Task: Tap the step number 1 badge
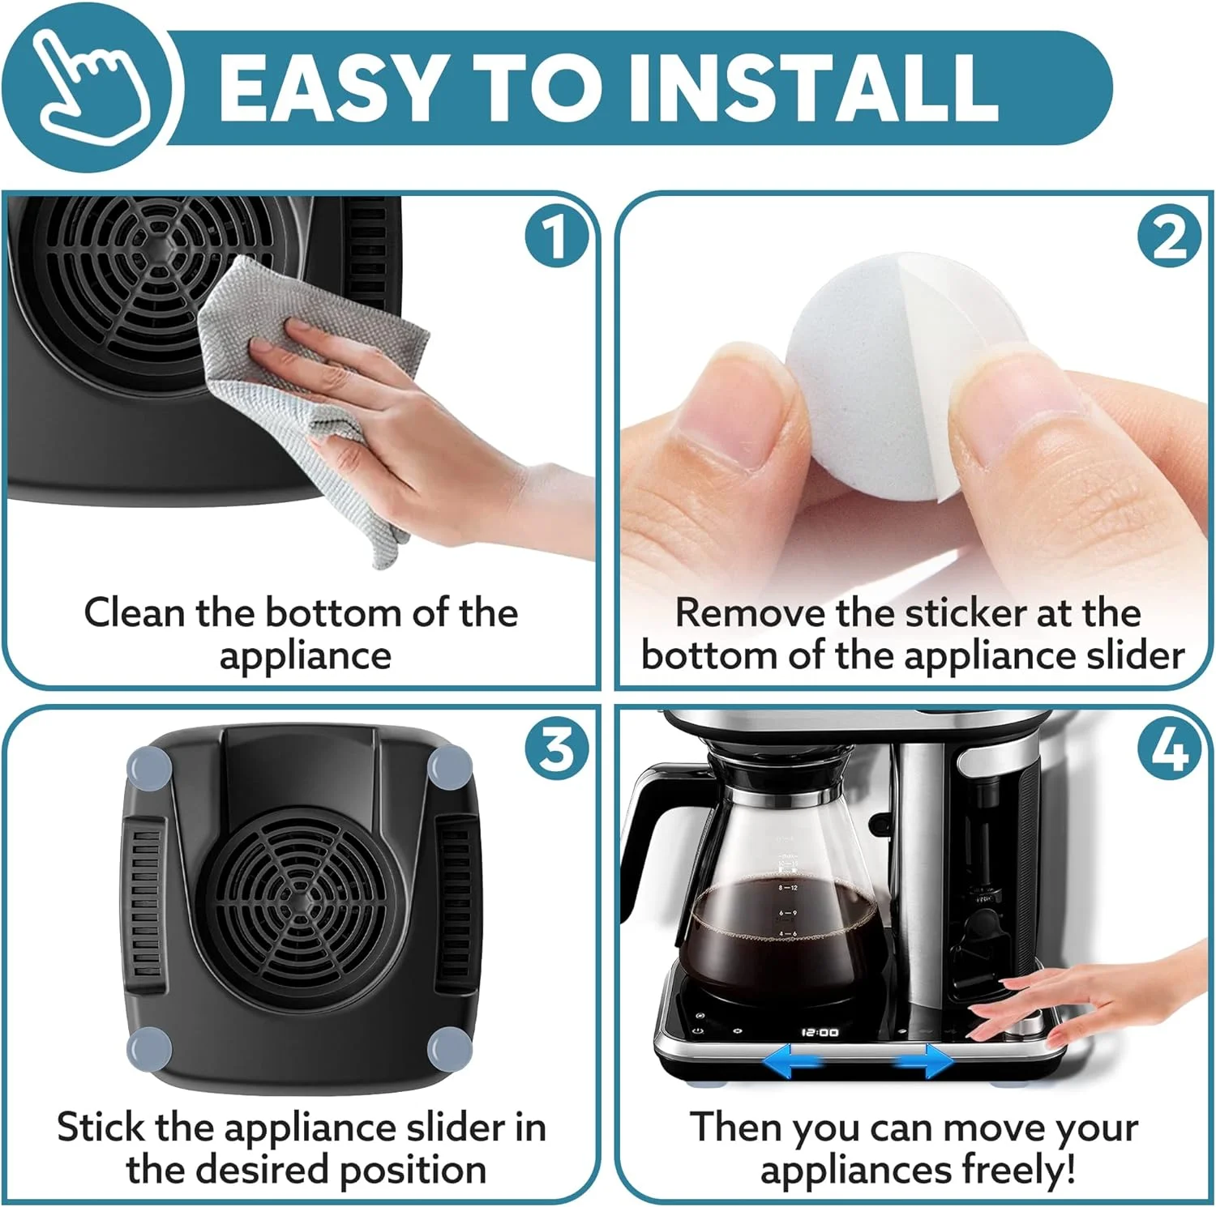tap(554, 237)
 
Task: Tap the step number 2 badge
tap(1168, 237)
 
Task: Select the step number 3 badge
tap(554, 749)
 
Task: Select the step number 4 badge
tap(1168, 749)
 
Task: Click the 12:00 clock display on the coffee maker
tap(820, 1032)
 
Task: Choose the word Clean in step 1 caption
tap(135, 613)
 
